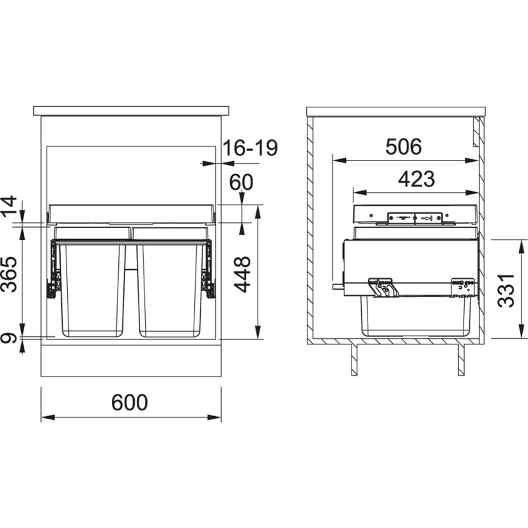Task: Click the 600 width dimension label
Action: coord(130,402)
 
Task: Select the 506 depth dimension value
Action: coord(403,146)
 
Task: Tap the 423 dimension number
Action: coord(417,179)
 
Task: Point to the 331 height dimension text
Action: coord(506,290)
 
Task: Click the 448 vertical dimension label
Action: coord(242,274)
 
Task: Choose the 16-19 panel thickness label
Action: coord(250,148)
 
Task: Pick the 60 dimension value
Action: coord(241,182)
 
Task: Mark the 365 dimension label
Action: coord(9,274)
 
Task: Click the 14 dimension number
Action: coord(9,206)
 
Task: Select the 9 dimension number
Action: coord(8,338)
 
